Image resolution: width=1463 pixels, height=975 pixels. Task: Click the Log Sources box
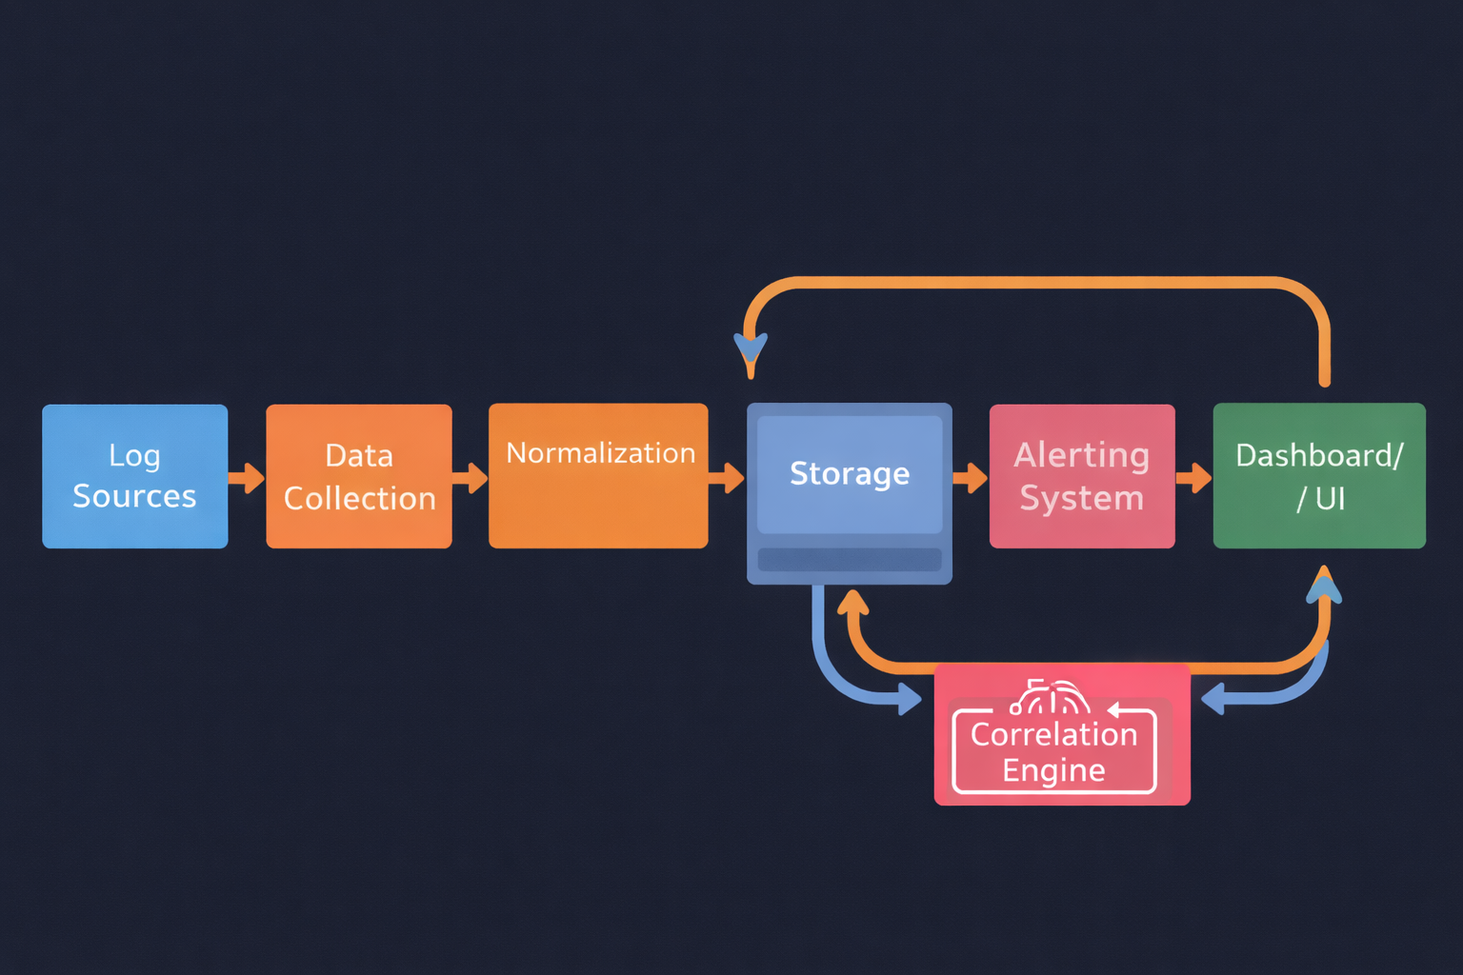[x=135, y=476]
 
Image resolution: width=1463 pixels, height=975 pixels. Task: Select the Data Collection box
[x=359, y=476]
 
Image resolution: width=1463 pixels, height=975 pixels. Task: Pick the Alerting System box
[x=1082, y=476]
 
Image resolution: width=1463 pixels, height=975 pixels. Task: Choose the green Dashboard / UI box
[x=1319, y=476]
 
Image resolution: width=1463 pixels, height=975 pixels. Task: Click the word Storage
[x=850, y=473]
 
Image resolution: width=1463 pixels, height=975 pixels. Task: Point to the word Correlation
[x=1053, y=734]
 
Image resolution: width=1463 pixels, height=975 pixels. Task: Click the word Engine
[x=1053, y=770]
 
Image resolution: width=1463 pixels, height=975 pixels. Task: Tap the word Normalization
[x=600, y=453]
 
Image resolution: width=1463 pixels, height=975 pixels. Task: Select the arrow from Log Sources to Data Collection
[x=248, y=477]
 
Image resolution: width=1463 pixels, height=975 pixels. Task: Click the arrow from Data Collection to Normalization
[x=471, y=477]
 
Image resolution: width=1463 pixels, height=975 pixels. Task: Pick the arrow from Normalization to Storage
[x=729, y=477]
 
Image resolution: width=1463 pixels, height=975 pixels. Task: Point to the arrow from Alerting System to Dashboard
[x=1195, y=477]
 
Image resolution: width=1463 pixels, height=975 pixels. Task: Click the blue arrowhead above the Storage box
[x=751, y=352]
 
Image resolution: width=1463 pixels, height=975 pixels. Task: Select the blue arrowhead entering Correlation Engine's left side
[x=910, y=701]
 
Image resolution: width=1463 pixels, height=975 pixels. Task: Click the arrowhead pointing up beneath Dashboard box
[x=1324, y=585]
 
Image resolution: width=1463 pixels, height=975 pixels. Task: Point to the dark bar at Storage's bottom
[x=850, y=560]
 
